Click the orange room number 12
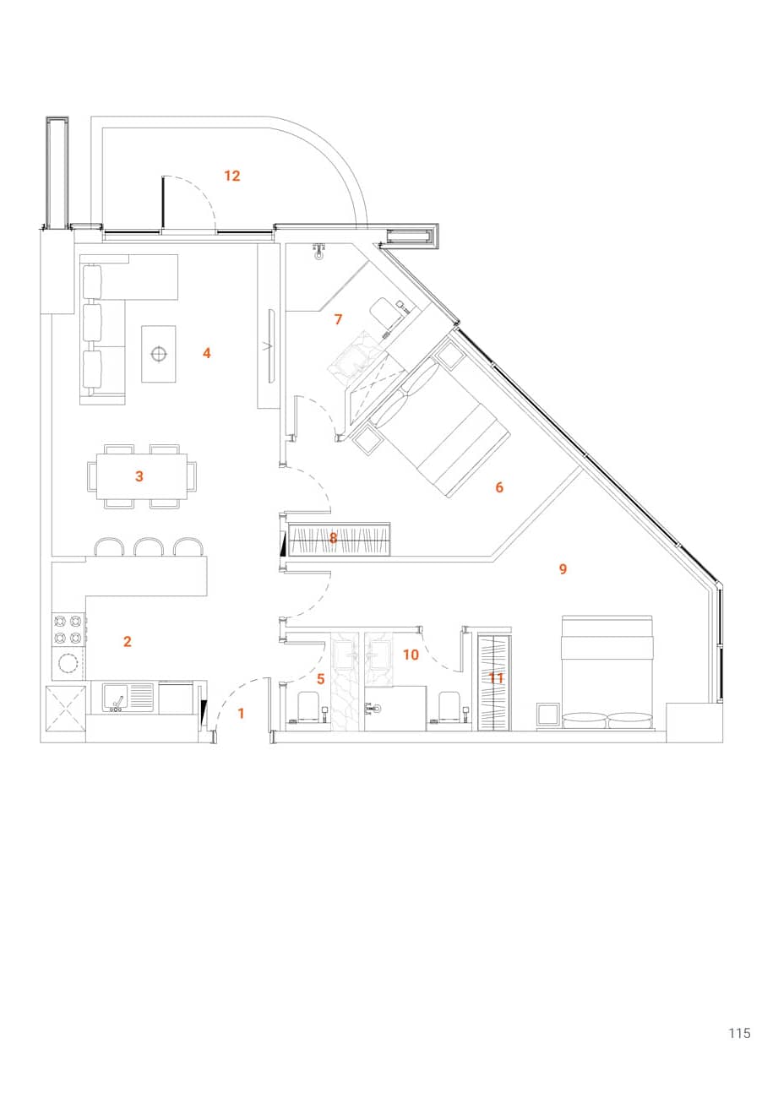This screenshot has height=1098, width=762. click(x=232, y=176)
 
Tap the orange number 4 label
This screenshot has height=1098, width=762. click(x=206, y=353)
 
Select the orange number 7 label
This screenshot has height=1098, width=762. click(x=338, y=319)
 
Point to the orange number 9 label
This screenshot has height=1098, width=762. click(x=563, y=569)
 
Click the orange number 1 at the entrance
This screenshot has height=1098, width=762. click(x=241, y=714)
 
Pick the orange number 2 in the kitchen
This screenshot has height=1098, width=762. click(x=128, y=642)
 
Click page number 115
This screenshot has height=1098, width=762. click(x=739, y=1033)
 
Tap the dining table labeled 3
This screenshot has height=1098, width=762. click(x=141, y=476)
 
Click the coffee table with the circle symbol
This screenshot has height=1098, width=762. click(x=158, y=353)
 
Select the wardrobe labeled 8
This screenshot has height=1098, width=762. click(x=338, y=539)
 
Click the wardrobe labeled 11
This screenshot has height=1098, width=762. click(x=494, y=681)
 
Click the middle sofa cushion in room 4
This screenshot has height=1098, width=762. click(x=92, y=322)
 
